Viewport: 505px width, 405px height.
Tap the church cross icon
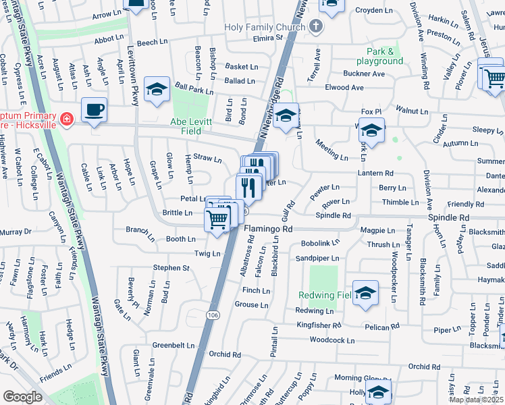(316, 27)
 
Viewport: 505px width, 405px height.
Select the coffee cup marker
(94, 110)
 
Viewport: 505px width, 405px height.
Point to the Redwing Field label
(325, 295)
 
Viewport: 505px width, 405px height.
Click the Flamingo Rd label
(268, 229)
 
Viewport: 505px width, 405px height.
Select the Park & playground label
(385, 56)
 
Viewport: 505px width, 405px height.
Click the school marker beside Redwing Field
(365, 293)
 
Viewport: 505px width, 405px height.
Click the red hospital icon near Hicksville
(66, 120)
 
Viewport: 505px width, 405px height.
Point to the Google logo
(22, 396)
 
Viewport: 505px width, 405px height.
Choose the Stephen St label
(171, 268)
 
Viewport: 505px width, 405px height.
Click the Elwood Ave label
(344, 88)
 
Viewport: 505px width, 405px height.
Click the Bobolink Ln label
(319, 242)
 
